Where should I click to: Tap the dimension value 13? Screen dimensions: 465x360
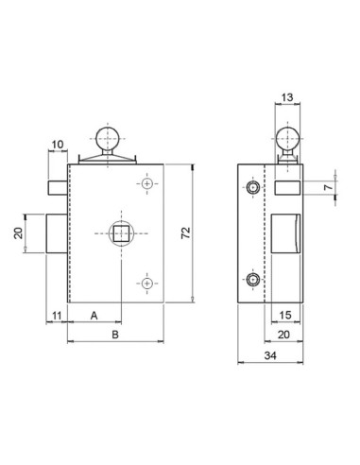(x=286, y=97)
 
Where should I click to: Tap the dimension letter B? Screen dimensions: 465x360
(x=114, y=335)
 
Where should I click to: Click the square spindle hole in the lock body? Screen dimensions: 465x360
(x=118, y=232)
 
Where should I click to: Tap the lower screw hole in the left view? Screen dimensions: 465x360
(x=146, y=282)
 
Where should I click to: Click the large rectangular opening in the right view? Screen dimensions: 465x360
(x=284, y=233)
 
